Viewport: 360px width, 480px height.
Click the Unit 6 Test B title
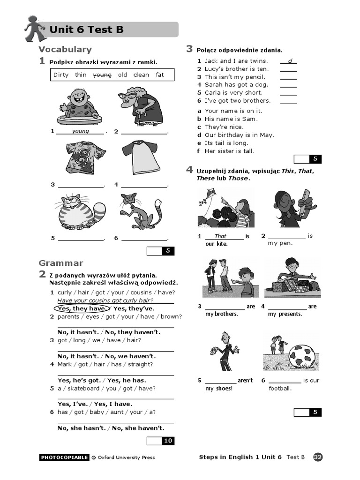pyautogui.click(x=87, y=30)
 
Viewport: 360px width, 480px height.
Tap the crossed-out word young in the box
pyautogui.click(x=102, y=75)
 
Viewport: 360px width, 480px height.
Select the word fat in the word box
pyautogui.click(x=160, y=75)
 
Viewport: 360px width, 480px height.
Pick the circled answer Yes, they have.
pyautogui.click(x=82, y=308)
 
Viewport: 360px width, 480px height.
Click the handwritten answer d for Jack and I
pyautogui.click(x=289, y=61)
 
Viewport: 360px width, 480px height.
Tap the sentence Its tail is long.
pyautogui.click(x=226, y=143)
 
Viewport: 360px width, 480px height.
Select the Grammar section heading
pyautogui.click(x=61, y=263)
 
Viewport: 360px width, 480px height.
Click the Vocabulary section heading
pyautogui.click(x=65, y=49)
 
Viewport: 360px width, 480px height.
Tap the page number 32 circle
pyautogui.click(x=318, y=457)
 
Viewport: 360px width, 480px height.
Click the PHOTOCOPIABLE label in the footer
pyautogui.click(x=64, y=457)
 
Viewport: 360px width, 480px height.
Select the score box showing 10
pyautogui.click(x=168, y=441)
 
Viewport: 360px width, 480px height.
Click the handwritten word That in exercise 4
pyautogui.click(x=220, y=236)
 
